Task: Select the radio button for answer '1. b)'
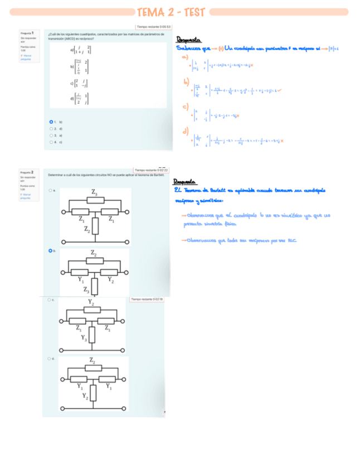[51, 122]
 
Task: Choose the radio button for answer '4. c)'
[51, 142]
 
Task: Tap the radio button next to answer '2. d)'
[51, 128]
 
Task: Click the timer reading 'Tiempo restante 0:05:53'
[154, 27]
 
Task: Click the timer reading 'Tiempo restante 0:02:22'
[151, 170]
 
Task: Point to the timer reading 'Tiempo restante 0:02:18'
[147, 300]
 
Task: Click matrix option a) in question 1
[81, 51]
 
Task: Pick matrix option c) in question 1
[80, 83]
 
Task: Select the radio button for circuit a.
[50, 190]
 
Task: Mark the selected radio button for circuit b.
[50, 251]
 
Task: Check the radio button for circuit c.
[49, 300]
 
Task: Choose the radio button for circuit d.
[50, 359]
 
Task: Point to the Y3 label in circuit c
[84, 338]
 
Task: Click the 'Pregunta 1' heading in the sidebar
[27, 33]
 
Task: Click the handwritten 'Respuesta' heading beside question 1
[188, 40]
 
